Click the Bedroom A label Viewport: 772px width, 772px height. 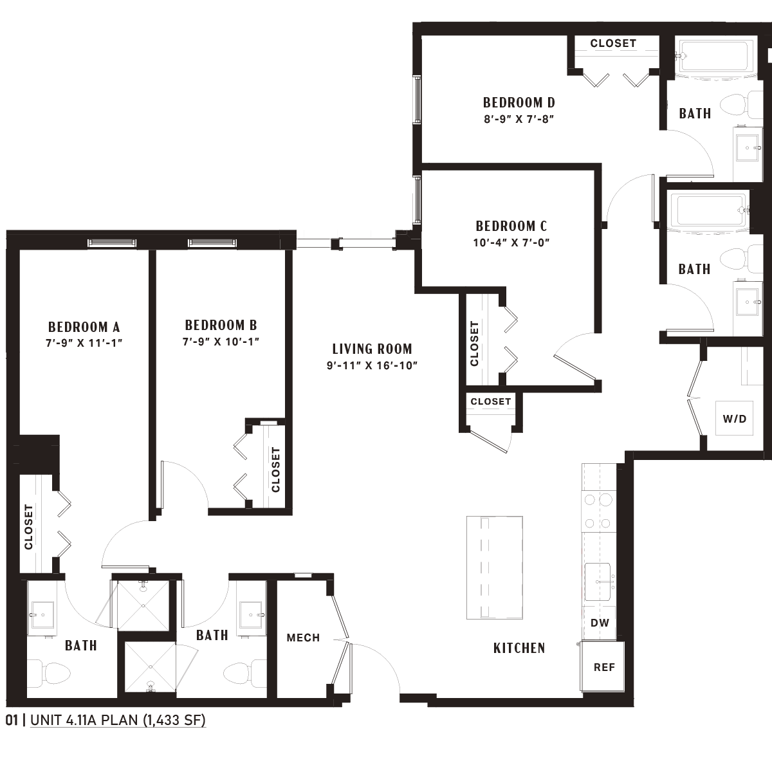[x=84, y=327]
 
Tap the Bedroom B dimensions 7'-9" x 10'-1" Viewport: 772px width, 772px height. [x=221, y=342]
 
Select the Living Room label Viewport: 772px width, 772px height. [x=372, y=349]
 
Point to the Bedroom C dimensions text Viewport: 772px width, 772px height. [x=511, y=243]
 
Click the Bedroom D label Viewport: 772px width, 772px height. [x=519, y=102]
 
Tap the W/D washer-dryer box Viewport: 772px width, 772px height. [x=734, y=419]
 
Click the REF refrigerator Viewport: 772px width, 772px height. [x=603, y=666]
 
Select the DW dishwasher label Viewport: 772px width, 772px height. [x=600, y=623]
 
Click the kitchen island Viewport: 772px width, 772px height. [x=494, y=567]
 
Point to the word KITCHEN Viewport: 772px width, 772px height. [x=519, y=648]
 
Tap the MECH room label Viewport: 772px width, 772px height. [x=303, y=638]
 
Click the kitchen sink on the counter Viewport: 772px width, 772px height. [x=598, y=582]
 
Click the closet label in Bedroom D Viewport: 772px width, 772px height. [x=613, y=43]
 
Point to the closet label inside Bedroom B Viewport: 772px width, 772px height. [x=275, y=470]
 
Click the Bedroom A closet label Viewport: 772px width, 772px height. [x=28, y=528]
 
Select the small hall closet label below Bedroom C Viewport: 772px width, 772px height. [x=491, y=401]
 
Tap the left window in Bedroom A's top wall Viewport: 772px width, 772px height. [x=112, y=243]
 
